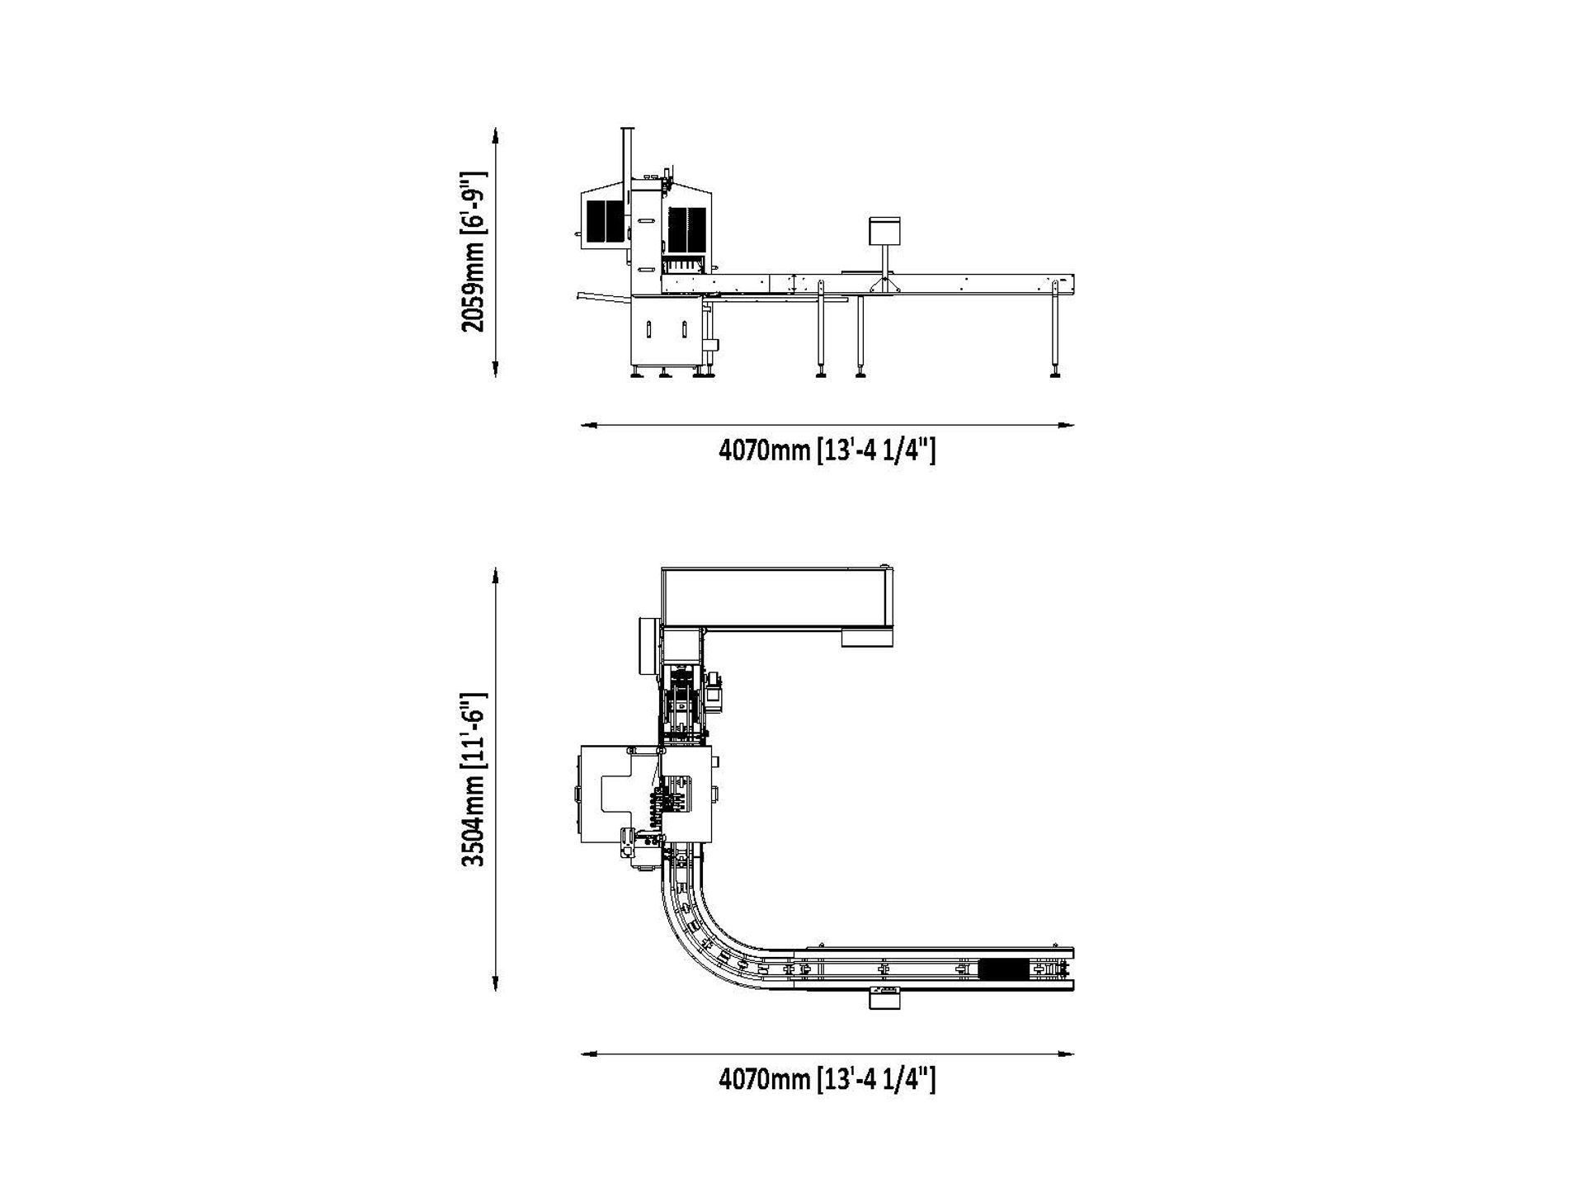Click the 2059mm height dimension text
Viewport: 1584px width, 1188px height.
(x=474, y=252)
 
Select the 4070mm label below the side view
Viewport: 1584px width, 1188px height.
(x=827, y=451)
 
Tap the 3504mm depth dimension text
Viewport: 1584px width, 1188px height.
(x=474, y=779)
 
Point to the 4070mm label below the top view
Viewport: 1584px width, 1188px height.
(x=827, y=1079)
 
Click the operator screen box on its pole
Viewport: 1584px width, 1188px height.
(x=884, y=230)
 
